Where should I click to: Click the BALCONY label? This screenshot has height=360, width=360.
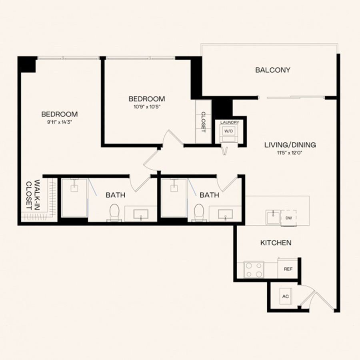(x=273, y=70)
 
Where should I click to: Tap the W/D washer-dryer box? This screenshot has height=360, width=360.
(x=228, y=131)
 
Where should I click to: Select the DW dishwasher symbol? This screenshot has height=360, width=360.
(x=288, y=218)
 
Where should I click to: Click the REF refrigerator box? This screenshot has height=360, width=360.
(x=288, y=269)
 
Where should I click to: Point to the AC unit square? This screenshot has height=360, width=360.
(x=286, y=296)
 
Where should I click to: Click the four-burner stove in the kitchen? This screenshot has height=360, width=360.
(x=254, y=270)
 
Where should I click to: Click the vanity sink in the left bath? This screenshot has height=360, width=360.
(x=141, y=214)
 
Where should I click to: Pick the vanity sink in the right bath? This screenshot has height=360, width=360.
(x=225, y=214)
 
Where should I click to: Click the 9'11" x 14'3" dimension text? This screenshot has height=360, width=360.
(x=60, y=122)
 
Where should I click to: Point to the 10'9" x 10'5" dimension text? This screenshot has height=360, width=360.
(x=147, y=107)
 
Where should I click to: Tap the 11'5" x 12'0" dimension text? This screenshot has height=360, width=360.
(x=290, y=153)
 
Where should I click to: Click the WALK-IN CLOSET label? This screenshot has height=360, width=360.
(x=33, y=195)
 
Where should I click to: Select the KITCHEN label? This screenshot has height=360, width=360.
(x=276, y=243)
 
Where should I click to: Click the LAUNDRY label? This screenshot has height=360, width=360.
(x=230, y=122)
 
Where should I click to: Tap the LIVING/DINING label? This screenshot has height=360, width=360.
(x=290, y=145)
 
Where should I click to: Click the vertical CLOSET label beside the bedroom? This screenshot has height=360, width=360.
(x=203, y=122)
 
